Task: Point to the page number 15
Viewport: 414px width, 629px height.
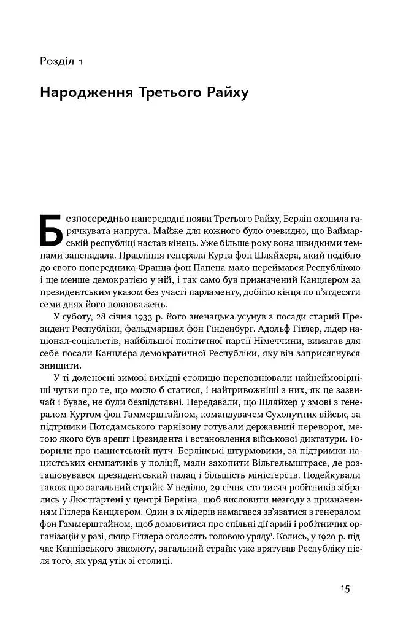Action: (345, 588)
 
